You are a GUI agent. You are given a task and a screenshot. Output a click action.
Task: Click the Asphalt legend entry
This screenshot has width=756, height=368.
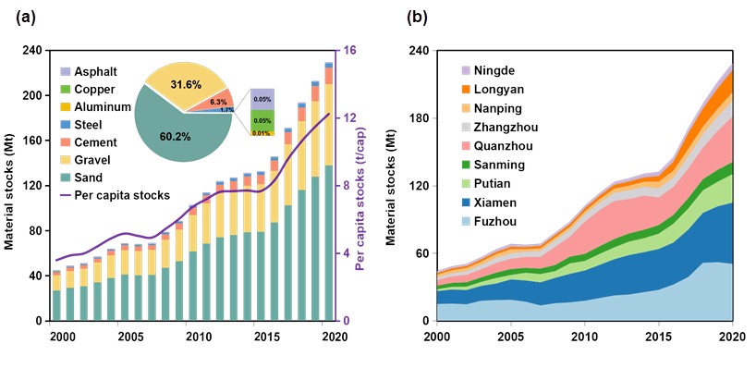[88, 72]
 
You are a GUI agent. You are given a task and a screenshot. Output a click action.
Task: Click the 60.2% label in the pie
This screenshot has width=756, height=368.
[175, 137]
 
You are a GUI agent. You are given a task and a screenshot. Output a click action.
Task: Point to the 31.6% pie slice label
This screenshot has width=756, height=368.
[185, 84]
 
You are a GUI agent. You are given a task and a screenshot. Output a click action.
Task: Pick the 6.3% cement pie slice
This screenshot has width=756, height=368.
[218, 102]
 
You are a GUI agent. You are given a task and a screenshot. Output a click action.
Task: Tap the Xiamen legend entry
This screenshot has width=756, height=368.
[489, 203]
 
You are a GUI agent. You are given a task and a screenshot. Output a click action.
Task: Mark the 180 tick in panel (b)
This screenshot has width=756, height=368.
[421, 118]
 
